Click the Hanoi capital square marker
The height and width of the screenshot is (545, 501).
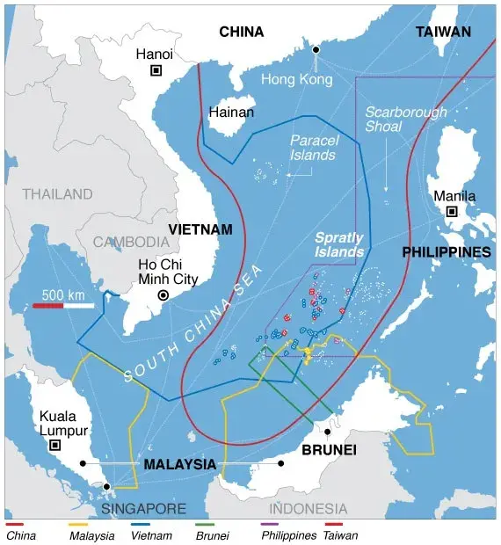tap(156, 71)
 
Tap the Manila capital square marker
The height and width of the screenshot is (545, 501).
tap(452, 212)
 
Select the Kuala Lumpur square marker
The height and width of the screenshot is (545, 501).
tap(55, 446)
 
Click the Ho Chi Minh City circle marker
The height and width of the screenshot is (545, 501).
tap(163, 296)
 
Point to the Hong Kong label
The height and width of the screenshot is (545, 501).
tap(297, 79)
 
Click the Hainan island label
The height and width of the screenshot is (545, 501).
tap(231, 113)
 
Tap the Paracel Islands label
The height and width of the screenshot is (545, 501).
tap(313, 148)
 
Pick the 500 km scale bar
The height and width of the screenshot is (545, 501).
tap(63, 305)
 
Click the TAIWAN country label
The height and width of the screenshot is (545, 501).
tap(443, 32)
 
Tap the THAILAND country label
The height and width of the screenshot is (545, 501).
tap(57, 193)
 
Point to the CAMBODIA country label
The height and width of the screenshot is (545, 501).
tap(132, 241)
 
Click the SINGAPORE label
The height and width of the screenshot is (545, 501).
tap(143, 509)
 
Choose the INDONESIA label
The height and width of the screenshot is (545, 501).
tap(308, 508)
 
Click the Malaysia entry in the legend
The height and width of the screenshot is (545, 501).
tap(91, 534)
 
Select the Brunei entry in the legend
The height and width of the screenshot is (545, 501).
tap(211, 534)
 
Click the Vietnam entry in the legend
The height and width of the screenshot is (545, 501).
tap(150, 534)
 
